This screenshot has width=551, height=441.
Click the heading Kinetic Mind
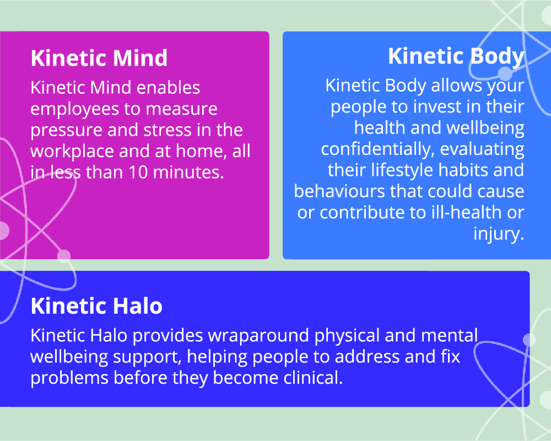click(x=99, y=58)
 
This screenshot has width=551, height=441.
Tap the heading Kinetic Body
click(x=456, y=57)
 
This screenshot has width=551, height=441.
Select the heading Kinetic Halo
click(x=96, y=306)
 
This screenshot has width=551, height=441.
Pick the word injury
click(x=499, y=234)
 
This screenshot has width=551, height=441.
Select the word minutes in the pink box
click(x=188, y=173)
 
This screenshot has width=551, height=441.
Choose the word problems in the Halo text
click(x=69, y=379)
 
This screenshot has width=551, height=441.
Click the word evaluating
click(x=482, y=149)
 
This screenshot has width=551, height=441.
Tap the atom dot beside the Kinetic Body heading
click(x=505, y=74)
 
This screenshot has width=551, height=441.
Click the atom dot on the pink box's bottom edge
click(x=63, y=256)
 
